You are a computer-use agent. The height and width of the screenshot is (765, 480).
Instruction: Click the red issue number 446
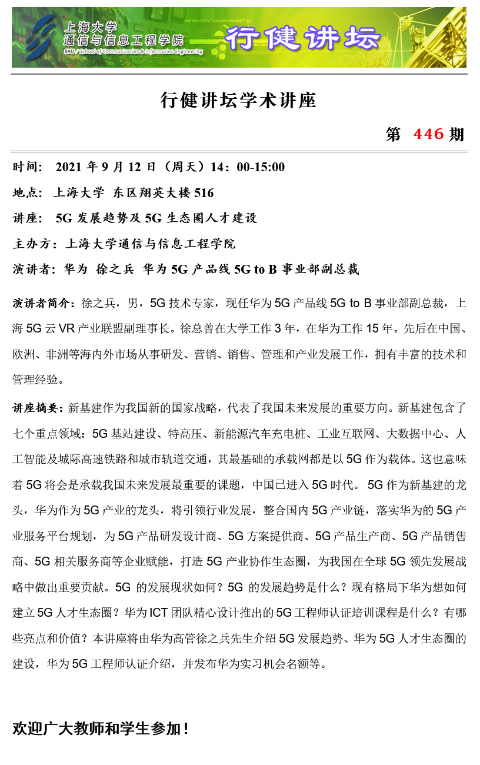coord(429,134)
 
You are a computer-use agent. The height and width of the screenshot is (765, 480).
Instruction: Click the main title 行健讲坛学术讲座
coord(239,101)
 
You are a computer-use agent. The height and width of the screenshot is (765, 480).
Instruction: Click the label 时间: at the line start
coord(28,167)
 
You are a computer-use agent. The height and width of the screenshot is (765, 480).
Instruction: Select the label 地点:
coord(28,192)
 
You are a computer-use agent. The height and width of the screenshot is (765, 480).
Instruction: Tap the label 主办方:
coord(35,244)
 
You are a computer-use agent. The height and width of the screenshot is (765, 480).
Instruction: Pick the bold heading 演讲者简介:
coord(44,304)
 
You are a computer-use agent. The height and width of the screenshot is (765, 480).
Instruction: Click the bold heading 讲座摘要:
coord(39,407)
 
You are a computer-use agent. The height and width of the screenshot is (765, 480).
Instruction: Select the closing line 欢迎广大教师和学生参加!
coord(101,729)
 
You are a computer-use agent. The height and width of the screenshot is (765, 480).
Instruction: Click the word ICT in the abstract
coord(158,613)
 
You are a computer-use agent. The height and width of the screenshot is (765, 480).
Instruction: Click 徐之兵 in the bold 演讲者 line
coord(115,270)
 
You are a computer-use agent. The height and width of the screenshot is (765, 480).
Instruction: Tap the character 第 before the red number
coord(393,135)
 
